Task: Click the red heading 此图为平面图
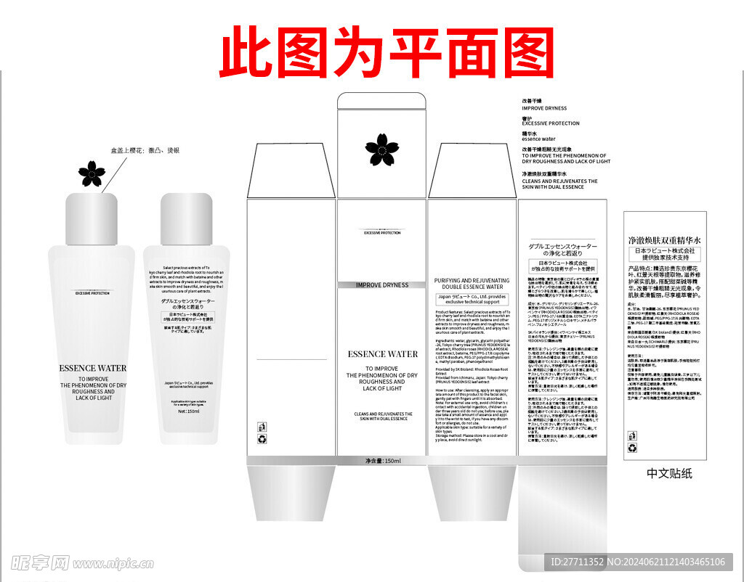pyautogui.click(x=387, y=52)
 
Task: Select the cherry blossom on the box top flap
pyautogui.click(x=381, y=149)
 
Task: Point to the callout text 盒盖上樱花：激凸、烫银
pyautogui.click(x=145, y=150)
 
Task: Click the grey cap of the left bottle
pyautogui.click(x=92, y=218)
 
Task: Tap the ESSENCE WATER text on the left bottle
pyautogui.click(x=92, y=368)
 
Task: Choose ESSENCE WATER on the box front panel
pyautogui.click(x=382, y=354)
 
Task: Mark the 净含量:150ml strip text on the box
pyautogui.click(x=383, y=461)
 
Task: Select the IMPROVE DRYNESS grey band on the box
pyautogui.click(x=382, y=285)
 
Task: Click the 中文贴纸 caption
pyautogui.click(x=669, y=473)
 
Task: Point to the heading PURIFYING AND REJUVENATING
pyautogui.click(x=472, y=280)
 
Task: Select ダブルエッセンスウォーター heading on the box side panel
pyautogui.click(x=562, y=247)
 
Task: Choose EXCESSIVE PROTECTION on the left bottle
pyautogui.click(x=92, y=293)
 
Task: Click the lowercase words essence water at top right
pyautogui.click(x=538, y=139)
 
